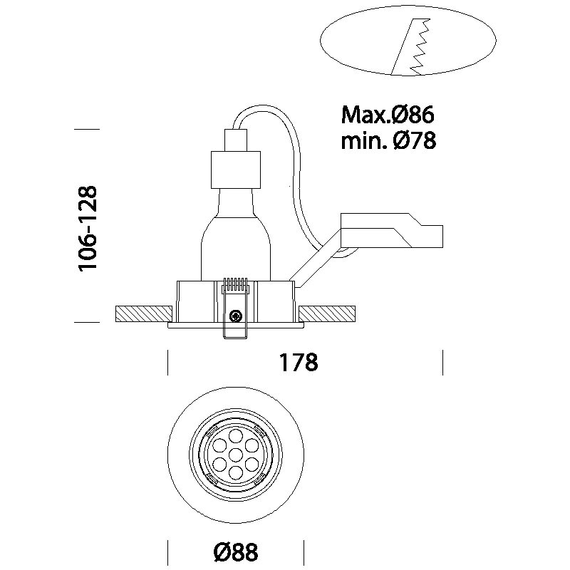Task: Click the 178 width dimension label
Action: coord(297,362)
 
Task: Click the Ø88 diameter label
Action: coord(234,551)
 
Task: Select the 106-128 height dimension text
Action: coord(88,228)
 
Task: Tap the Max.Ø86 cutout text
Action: coord(388,114)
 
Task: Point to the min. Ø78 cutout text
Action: coord(388,141)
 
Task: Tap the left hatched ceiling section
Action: coord(142,313)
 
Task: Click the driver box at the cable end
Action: coord(392,230)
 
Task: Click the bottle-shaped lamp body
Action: coord(234,235)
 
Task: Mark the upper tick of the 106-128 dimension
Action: coord(86,129)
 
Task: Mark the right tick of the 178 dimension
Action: coord(442,362)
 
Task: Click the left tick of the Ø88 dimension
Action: coord(167,551)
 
